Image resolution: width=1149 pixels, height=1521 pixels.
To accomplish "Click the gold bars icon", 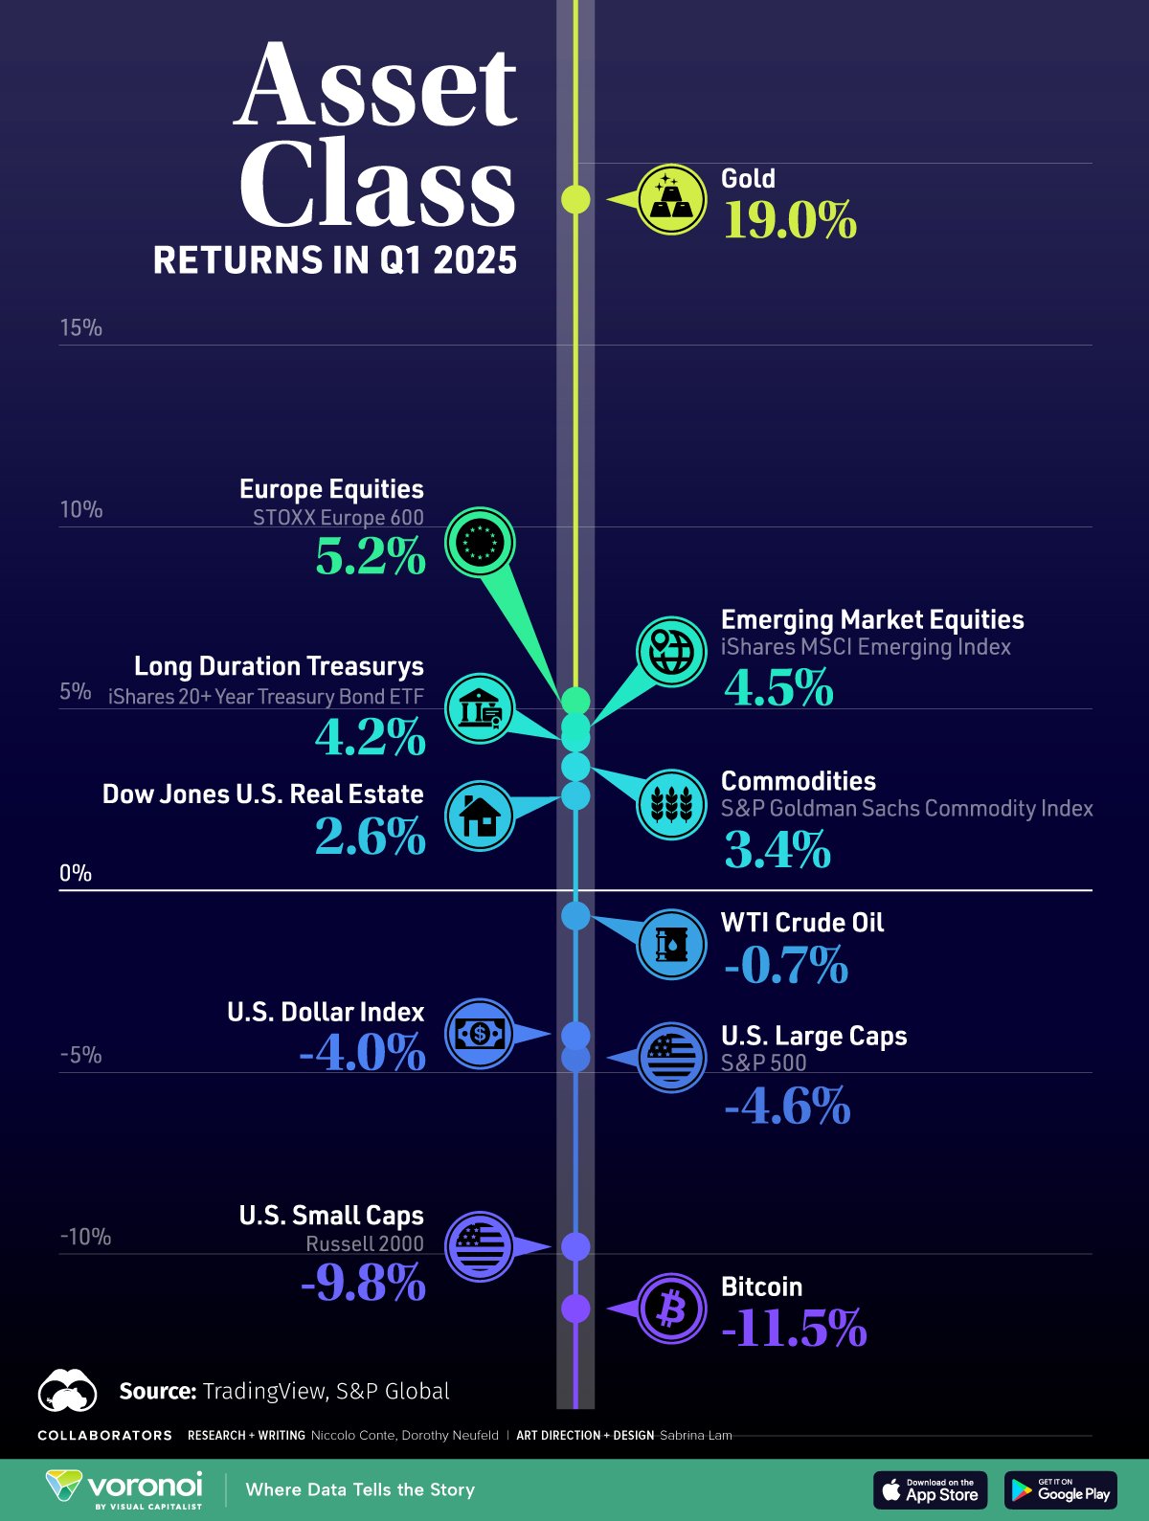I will click(x=671, y=199).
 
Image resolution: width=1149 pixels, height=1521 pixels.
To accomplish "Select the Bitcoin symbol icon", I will click(x=671, y=1308).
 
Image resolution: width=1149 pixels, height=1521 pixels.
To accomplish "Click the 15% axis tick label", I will click(x=81, y=327).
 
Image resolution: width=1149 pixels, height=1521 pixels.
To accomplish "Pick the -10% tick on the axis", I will click(x=85, y=1237).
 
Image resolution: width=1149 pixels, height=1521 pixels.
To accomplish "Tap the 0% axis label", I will click(x=76, y=873).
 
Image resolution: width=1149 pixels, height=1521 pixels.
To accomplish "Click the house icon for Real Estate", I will click(x=480, y=816).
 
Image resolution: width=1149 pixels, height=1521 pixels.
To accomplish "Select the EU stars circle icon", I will click(x=480, y=542).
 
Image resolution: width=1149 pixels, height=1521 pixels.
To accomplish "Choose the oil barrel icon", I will click(x=671, y=945).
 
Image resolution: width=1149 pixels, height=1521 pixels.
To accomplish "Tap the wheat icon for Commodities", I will click(x=671, y=804).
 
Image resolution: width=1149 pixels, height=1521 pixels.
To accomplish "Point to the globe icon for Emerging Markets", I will click(x=671, y=651).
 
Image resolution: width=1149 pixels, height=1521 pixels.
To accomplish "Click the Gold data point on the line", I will click(x=575, y=199).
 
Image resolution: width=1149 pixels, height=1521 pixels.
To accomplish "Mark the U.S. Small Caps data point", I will click(x=575, y=1246).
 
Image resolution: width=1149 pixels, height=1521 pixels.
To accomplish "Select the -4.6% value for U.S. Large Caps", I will click(x=787, y=1106).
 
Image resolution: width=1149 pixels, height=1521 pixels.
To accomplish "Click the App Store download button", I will click(x=931, y=1489).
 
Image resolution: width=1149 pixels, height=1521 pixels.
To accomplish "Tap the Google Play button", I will click(x=1061, y=1489).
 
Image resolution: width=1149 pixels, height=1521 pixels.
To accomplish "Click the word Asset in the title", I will click(x=376, y=86).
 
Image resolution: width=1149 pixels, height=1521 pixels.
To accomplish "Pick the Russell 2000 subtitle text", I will click(x=365, y=1243).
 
